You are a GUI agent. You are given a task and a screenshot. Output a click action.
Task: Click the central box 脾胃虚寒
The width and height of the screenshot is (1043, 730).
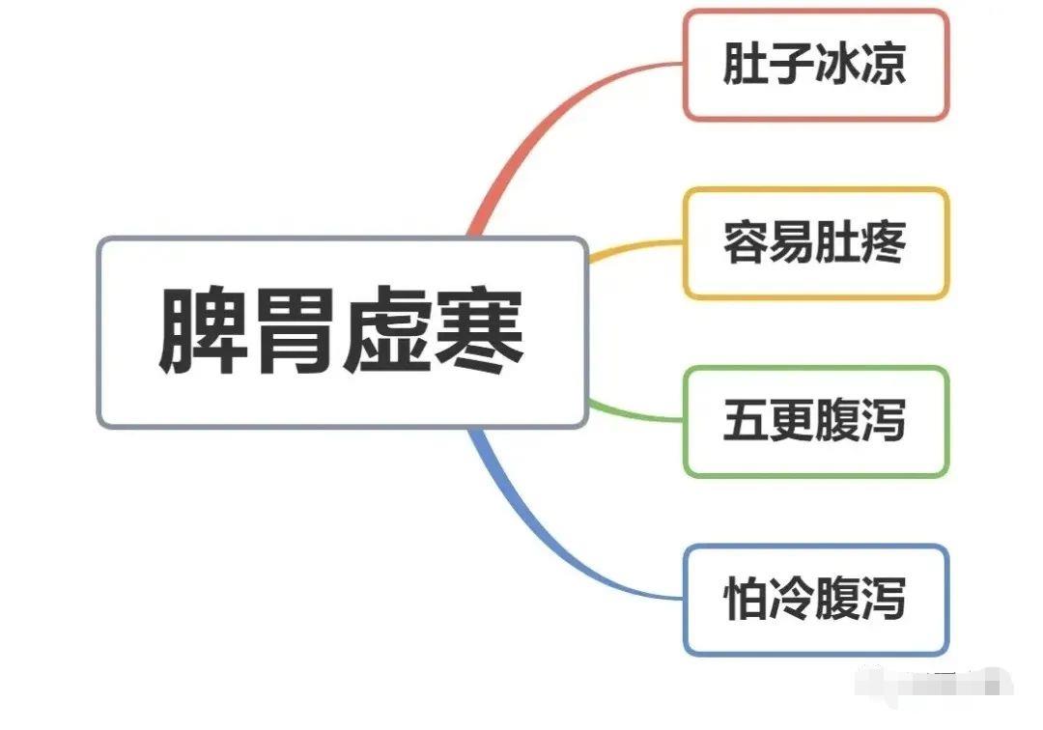342,332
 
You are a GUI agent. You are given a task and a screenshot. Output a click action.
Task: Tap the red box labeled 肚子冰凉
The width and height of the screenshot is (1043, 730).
816,65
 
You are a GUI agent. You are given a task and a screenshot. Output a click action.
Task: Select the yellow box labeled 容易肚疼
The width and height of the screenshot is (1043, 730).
816,243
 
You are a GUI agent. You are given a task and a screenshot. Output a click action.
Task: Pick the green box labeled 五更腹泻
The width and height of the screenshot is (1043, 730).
816,421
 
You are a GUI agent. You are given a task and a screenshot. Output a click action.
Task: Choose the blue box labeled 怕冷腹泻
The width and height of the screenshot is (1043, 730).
816,600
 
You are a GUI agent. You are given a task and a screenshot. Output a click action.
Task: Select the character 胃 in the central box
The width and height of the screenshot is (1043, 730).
296,332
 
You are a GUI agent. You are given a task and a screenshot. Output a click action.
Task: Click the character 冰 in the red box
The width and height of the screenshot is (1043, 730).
837,65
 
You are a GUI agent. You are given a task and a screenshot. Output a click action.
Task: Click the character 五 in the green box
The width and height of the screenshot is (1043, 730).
747,421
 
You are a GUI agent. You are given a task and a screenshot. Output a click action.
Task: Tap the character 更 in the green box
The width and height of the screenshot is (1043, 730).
792,421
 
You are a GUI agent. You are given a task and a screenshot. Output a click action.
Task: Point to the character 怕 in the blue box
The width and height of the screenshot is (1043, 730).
747,600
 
